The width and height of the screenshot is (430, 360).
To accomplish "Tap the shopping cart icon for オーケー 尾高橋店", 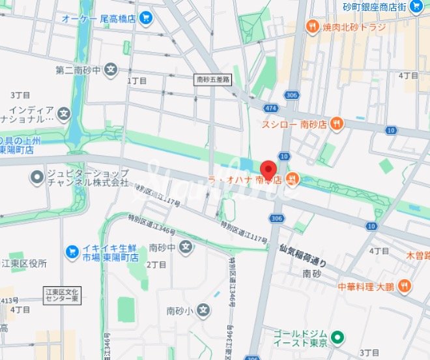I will point(145,18).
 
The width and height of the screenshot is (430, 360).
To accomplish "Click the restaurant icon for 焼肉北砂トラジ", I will point(313,27).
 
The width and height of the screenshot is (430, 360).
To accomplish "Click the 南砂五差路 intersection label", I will point(214,80).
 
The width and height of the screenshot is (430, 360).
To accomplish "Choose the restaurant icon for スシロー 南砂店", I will point(336,123).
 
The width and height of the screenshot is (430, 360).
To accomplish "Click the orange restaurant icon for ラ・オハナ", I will point(292,178).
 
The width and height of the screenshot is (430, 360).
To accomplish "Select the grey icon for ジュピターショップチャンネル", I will point(36,177).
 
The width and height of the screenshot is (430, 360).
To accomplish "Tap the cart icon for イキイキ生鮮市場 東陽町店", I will point(72,252).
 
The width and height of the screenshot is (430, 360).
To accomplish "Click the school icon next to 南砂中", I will point(187,247).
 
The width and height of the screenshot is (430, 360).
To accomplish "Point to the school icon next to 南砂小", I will point(204,310).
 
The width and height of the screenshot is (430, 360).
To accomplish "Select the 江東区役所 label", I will point(24,263).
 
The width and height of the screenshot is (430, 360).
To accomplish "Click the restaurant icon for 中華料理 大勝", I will point(404,285).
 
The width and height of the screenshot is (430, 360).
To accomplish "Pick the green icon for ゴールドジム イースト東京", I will point(337,338).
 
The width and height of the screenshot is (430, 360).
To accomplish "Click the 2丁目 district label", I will point(156,265).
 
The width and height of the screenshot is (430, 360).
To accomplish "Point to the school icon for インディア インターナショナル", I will point(63,115).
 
